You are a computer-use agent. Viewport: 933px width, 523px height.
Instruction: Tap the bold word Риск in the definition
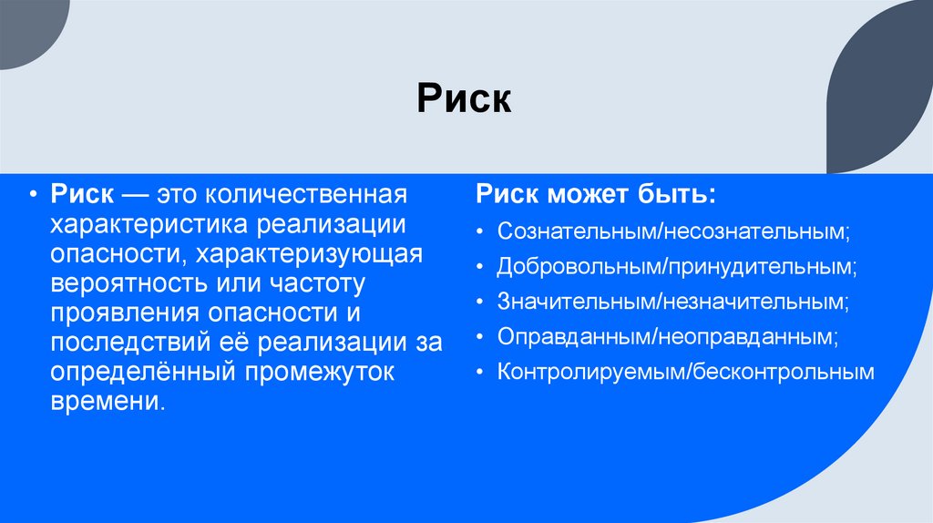(82, 195)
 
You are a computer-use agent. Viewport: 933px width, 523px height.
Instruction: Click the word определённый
(141, 373)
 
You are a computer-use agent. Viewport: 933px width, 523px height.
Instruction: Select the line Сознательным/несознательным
(673, 231)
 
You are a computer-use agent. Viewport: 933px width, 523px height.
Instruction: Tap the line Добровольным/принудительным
(677, 267)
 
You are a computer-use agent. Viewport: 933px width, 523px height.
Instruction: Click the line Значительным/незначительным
(673, 302)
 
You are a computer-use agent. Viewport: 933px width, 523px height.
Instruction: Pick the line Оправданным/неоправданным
(668, 336)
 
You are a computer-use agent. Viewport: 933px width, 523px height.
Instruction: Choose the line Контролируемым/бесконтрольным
(685, 372)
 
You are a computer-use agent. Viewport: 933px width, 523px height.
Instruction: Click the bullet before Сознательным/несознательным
(480, 231)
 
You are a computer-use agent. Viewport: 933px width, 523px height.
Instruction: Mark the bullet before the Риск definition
(33, 195)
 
